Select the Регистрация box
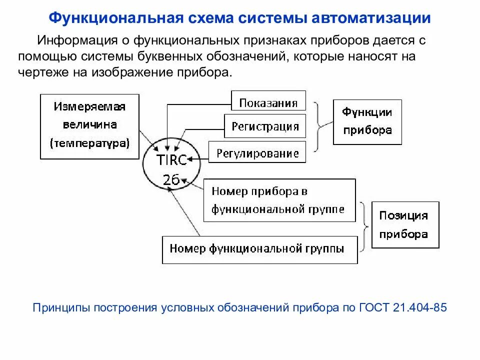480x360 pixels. point(265,126)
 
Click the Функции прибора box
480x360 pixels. point(367,121)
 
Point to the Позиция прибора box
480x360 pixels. point(405,224)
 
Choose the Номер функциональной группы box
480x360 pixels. point(259,249)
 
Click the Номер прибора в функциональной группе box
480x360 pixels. point(279,200)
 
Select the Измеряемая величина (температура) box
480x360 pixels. point(89,126)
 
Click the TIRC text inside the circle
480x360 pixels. point(171,160)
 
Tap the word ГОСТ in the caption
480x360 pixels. point(370,307)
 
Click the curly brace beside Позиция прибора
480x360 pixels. point(364,224)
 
